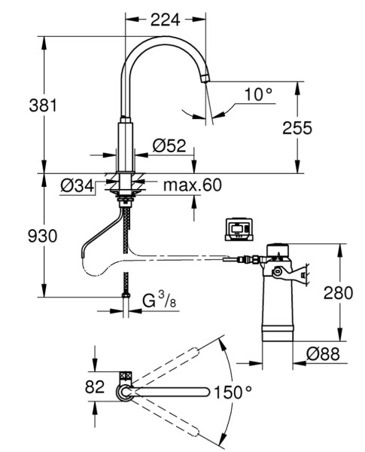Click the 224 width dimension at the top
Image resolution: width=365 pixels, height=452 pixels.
166,20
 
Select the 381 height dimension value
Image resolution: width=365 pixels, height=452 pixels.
43,105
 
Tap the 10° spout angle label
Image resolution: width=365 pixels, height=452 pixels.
258,94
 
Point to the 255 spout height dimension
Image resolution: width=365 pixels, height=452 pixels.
297,128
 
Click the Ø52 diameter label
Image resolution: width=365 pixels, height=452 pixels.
169,145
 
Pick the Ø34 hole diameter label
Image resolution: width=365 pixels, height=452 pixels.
78,185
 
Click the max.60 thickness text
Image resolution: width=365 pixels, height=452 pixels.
193,185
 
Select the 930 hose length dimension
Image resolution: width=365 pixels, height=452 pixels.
43,236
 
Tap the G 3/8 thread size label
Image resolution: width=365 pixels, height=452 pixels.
160,300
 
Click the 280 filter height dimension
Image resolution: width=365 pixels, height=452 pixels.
338,292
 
